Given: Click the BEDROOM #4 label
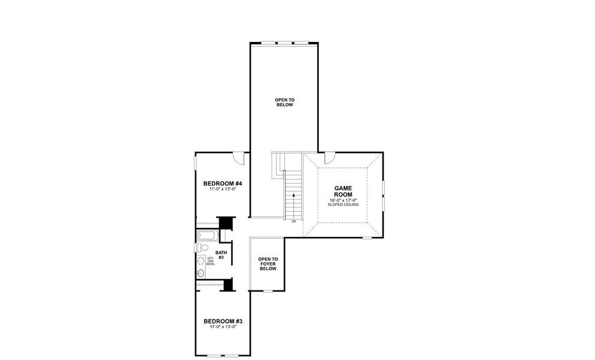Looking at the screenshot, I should tap(222, 183).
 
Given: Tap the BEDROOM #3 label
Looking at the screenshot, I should tap(222, 320).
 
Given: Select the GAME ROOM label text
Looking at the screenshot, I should tap(343, 191).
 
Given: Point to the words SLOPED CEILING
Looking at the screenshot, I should tap(343, 205).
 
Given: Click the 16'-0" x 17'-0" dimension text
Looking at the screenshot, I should tap(343, 200).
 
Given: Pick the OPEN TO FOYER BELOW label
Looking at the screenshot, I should tap(267, 264).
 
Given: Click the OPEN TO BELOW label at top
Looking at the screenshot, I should tap(285, 102).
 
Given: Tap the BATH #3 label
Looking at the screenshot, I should tap(221, 255).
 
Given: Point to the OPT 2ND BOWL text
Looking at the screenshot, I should tap(210, 261).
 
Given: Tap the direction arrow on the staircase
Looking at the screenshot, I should tap(294, 195).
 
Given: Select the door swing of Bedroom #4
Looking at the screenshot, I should tap(239, 158).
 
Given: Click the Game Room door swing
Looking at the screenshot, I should tap(330, 158).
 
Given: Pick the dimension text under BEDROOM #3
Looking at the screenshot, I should tap(222, 327).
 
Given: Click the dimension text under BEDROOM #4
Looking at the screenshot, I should tap(222, 190).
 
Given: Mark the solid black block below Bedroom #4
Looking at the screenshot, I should tap(226, 223).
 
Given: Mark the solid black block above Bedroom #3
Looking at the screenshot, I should tap(228, 284).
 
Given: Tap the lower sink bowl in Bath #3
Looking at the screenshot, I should tap(201, 273).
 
